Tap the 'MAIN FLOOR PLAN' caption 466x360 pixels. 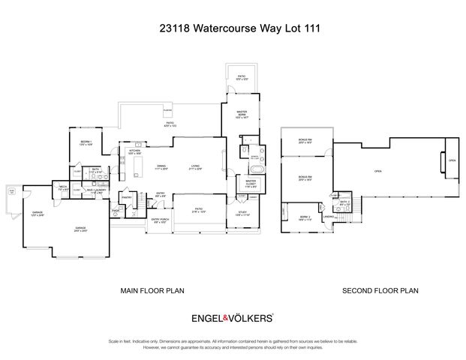pos(152,290)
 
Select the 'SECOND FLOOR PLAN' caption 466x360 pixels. pos(380,290)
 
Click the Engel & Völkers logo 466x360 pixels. pos(233,318)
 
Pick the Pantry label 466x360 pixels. pos(127,197)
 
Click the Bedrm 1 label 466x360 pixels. pos(86,142)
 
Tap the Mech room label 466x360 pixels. pos(64,190)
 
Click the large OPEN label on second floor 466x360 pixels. pos(377,172)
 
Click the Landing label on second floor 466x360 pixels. pos(328,217)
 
